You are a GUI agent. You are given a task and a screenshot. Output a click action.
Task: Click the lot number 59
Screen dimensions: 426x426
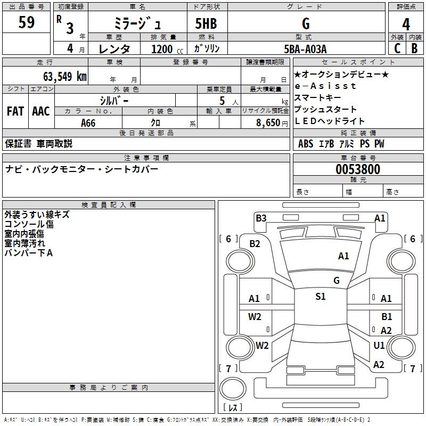coord(26,22)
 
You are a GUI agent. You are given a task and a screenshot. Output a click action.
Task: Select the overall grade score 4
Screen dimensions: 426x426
coord(406,24)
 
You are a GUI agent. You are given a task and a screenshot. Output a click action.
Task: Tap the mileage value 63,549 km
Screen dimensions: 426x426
coord(64,76)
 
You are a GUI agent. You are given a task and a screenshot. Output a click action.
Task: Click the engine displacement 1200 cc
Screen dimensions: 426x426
coord(167,49)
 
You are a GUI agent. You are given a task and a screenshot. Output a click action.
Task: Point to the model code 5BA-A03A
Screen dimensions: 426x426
coord(305,49)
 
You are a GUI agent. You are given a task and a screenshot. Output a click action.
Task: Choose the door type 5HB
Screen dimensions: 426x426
coord(206,23)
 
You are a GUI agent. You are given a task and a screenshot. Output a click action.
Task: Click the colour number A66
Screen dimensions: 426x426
coord(88,123)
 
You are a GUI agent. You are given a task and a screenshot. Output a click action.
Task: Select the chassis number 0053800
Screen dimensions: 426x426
coord(358,169)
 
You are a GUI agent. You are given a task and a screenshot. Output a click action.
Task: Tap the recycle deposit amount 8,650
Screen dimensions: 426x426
coord(268,122)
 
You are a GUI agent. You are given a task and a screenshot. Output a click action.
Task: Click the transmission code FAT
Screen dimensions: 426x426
coord(15,111)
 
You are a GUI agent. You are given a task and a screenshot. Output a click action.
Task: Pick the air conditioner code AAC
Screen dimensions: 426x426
coord(41,111)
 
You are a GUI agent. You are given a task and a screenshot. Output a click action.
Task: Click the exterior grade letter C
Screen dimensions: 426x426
coord(397,48)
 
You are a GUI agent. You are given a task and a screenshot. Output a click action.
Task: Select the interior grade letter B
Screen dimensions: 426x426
coord(414,48)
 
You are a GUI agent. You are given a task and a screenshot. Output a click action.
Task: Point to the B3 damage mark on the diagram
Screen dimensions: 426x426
coord(261,218)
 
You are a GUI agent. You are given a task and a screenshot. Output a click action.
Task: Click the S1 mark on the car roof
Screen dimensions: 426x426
coord(321,296)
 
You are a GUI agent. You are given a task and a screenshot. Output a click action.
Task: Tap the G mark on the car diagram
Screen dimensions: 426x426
coord(337,281)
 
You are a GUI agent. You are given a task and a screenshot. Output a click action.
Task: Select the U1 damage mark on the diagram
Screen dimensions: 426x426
coord(379,345)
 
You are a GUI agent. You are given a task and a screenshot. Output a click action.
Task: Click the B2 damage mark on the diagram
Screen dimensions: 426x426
coord(255,244)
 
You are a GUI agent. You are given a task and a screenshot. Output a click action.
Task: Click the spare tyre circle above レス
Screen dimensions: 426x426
coord(233,388)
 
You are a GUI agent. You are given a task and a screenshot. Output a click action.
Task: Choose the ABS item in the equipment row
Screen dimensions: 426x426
coord(306,143)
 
